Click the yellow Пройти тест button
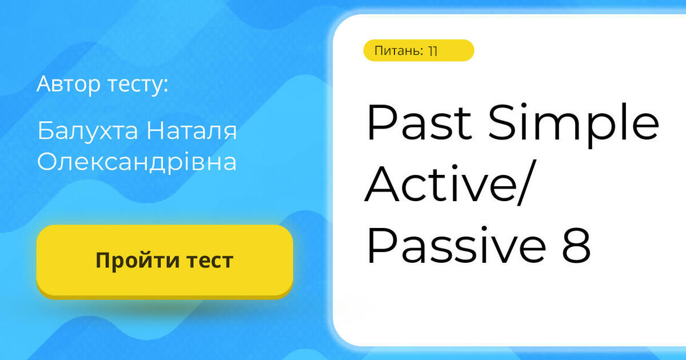click(x=165, y=261)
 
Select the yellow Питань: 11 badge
click(x=418, y=50)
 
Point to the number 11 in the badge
click(x=432, y=51)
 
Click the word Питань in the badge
click(x=398, y=51)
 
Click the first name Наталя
click(x=191, y=131)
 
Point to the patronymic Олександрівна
click(x=137, y=162)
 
